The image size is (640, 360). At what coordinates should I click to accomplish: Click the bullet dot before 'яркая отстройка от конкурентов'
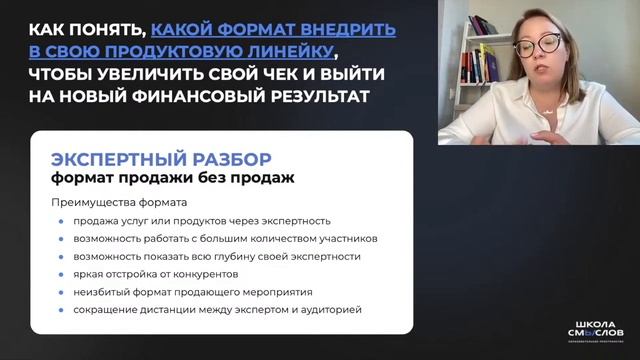coord(61,274)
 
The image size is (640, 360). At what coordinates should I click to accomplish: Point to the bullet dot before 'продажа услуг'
coord(61,220)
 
